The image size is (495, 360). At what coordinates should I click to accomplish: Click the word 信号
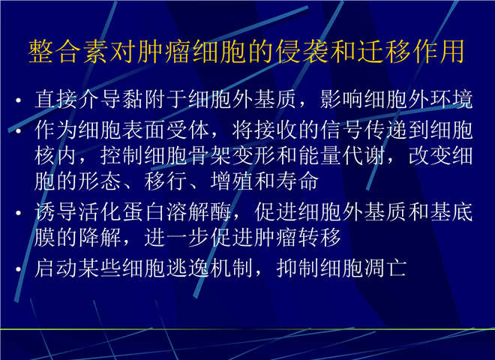341,130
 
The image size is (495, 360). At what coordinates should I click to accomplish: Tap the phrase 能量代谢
342,155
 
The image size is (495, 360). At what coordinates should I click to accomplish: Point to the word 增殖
232,181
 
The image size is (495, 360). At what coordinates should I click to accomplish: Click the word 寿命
298,181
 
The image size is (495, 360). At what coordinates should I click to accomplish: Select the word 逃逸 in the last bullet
188,268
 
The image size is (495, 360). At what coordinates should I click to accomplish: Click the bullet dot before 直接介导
18,100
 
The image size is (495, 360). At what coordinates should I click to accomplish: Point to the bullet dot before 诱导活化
18,213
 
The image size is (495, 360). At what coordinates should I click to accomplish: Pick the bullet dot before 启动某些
18,269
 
